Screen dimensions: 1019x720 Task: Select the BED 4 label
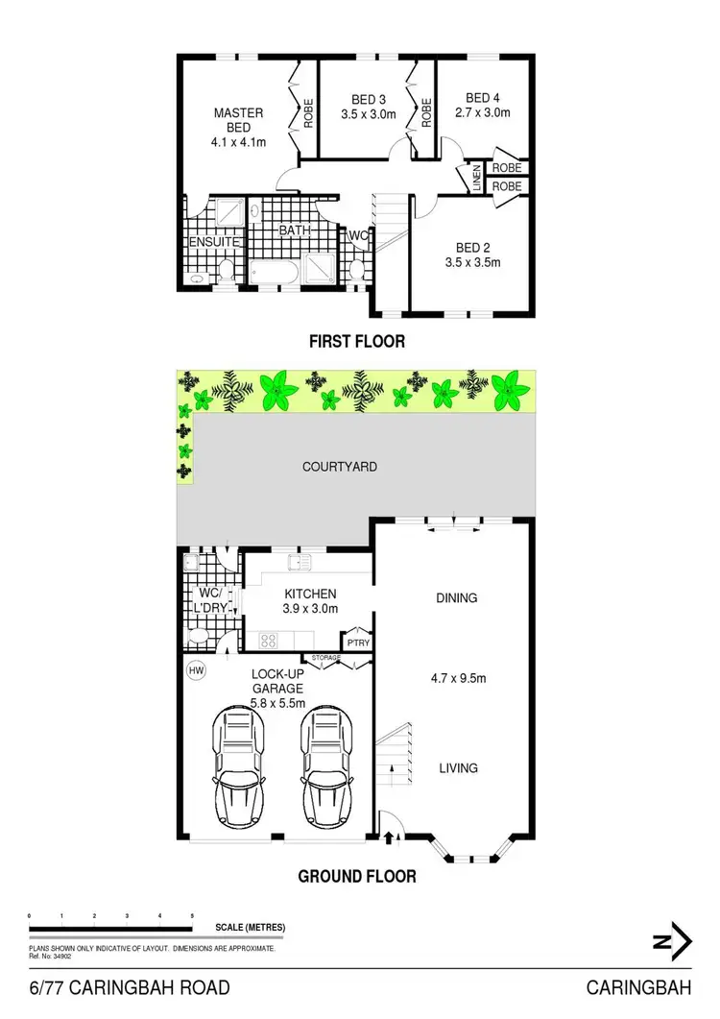483,98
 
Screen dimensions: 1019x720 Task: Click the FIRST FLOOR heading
357,341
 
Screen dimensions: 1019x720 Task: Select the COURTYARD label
339,467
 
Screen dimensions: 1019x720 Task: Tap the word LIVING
457,767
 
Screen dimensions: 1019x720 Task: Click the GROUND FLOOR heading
357,876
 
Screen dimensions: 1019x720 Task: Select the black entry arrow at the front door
388,837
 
